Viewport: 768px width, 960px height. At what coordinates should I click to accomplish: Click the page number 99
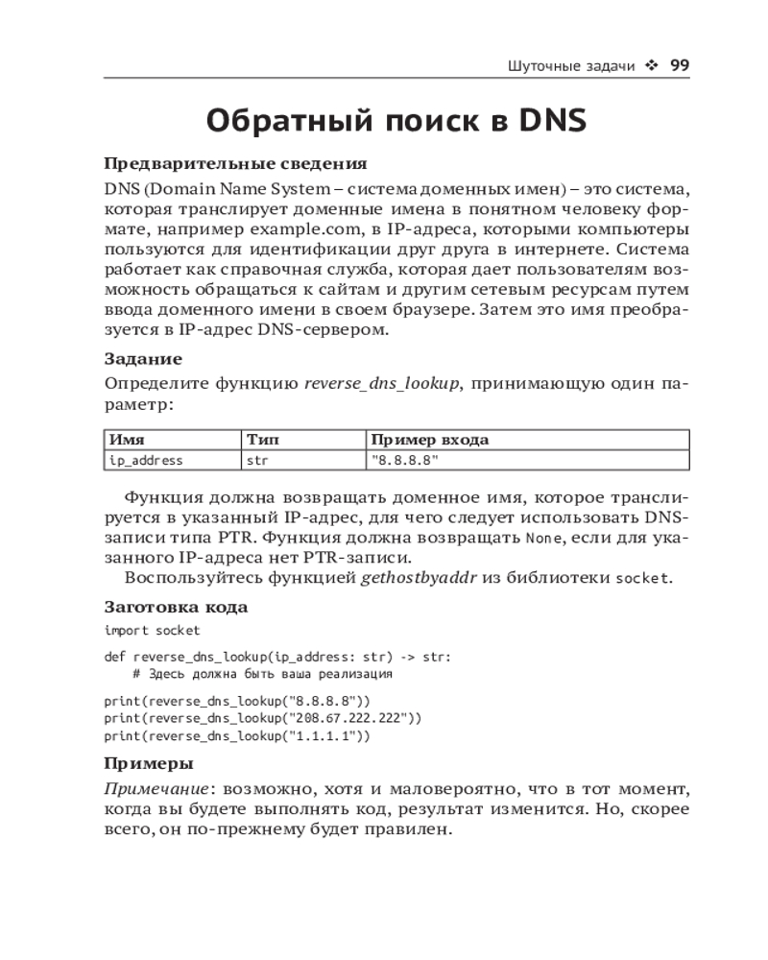click(680, 65)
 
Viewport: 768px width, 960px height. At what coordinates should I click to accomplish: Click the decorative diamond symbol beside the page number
click(652, 66)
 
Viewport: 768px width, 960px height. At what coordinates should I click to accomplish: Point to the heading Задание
click(143, 359)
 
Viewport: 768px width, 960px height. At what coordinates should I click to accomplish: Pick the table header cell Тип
click(263, 440)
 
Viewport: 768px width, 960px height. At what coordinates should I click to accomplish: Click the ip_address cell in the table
click(146, 460)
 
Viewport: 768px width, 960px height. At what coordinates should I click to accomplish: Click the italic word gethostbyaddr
click(416, 577)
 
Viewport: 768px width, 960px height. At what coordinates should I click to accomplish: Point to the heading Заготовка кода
click(176, 607)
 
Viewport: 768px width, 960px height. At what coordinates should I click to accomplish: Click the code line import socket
click(153, 630)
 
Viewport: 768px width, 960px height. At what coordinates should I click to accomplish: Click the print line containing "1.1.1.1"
click(237, 736)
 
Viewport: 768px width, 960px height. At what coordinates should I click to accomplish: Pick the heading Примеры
click(148, 763)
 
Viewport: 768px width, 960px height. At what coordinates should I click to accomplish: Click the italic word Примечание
click(156, 788)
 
